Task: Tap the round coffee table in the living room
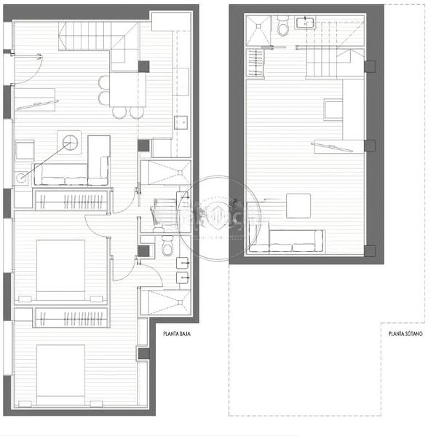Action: pos(71,143)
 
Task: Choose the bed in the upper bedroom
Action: pos(61,268)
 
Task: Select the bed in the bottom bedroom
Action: pos(61,373)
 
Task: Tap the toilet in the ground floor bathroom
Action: pos(168,248)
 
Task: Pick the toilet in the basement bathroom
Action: pos(283,25)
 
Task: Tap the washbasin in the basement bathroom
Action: pos(308,23)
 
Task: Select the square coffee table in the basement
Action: pos(298,205)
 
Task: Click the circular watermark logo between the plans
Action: pos(218,219)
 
